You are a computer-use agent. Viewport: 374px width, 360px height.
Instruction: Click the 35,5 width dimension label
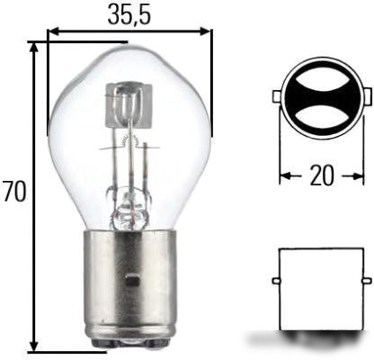(x=129, y=14)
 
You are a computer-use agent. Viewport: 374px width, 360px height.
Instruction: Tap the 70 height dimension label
(x=13, y=192)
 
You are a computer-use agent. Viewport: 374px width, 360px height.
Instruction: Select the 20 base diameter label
(x=322, y=175)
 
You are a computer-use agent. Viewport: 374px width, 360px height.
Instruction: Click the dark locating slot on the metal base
(x=133, y=280)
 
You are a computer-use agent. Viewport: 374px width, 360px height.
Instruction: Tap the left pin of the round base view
(x=276, y=96)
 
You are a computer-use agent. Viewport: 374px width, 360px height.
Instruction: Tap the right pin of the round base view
(x=369, y=95)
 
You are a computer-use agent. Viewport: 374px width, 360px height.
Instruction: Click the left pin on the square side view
(x=276, y=281)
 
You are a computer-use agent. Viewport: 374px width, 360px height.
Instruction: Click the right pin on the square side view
(x=368, y=281)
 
